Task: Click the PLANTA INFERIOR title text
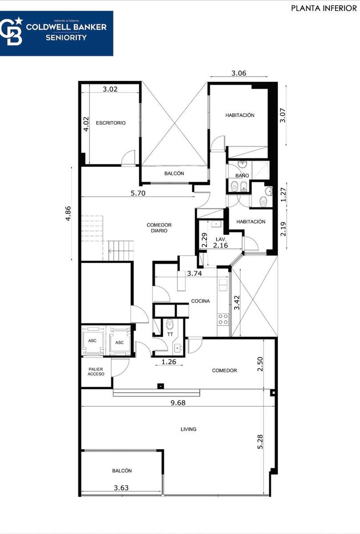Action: click(324, 8)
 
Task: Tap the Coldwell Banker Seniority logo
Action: click(57, 33)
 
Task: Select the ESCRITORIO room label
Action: click(111, 123)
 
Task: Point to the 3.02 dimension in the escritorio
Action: click(110, 89)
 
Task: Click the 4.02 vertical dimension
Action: click(86, 124)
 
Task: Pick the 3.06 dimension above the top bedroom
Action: click(239, 73)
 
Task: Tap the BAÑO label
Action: click(242, 175)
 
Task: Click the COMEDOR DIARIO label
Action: click(159, 228)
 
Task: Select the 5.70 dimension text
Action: click(138, 193)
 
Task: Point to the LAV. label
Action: click(221, 239)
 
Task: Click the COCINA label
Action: click(201, 301)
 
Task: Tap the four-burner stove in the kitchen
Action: click(223, 319)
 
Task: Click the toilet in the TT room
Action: click(170, 324)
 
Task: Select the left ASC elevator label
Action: click(92, 341)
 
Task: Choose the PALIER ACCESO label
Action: click(96, 372)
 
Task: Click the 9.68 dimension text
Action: click(178, 403)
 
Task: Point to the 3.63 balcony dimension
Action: click(121, 488)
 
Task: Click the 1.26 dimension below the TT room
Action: click(169, 362)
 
